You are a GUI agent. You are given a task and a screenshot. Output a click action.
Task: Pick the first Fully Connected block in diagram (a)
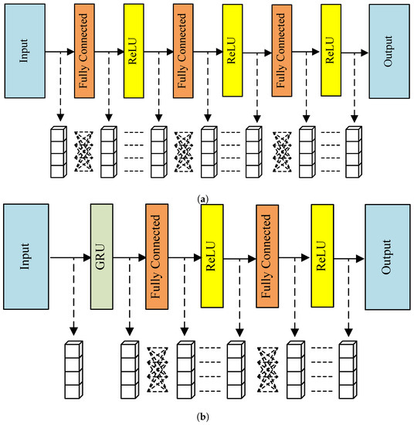click(84, 50)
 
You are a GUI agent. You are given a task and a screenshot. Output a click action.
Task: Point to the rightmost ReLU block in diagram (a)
click(331, 50)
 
